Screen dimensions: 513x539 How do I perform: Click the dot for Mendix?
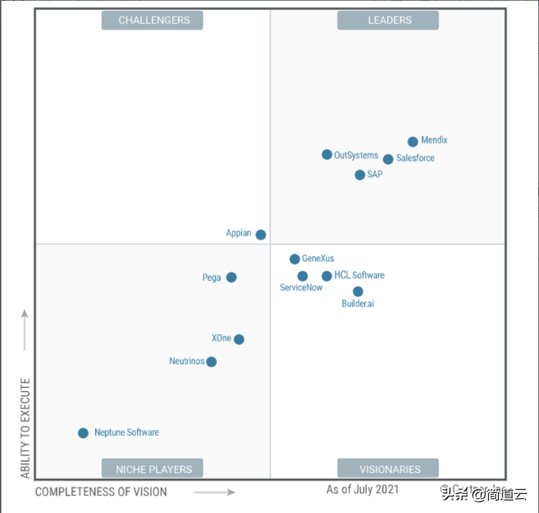[x=413, y=141]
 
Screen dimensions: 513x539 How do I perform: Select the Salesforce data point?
[x=388, y=159]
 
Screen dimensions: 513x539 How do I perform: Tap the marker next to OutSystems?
[x=327, y=155]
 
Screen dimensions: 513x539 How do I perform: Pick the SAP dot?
[x=360, y=175]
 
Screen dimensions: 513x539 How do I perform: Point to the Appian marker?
[x=261, y=234]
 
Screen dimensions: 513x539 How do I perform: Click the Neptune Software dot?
[x=83, y=433]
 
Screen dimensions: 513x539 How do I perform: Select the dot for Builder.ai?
[x=358, y=291]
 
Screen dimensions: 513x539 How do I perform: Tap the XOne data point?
[x=239, y=339]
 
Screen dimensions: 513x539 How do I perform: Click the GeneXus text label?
[x=318, y=259]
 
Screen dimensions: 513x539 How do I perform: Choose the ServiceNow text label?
[x=301, y=287]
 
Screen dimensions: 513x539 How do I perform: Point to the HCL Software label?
[x=360, y=275]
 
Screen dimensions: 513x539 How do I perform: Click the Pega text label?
[x=212, y=277]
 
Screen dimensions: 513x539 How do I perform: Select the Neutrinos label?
[x=187, y=362]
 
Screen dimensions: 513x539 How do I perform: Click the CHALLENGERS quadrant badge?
[x=152, y=20]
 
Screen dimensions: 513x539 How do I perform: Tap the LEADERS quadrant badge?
[x=388, y=20]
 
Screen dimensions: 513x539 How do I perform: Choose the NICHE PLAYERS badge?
[x=152, y=469]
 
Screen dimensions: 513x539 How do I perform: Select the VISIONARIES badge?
[x=388, y=469]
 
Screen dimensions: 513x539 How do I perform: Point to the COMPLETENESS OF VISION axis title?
[x=101, y=492]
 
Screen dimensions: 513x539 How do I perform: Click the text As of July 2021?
[x=362, y=489]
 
